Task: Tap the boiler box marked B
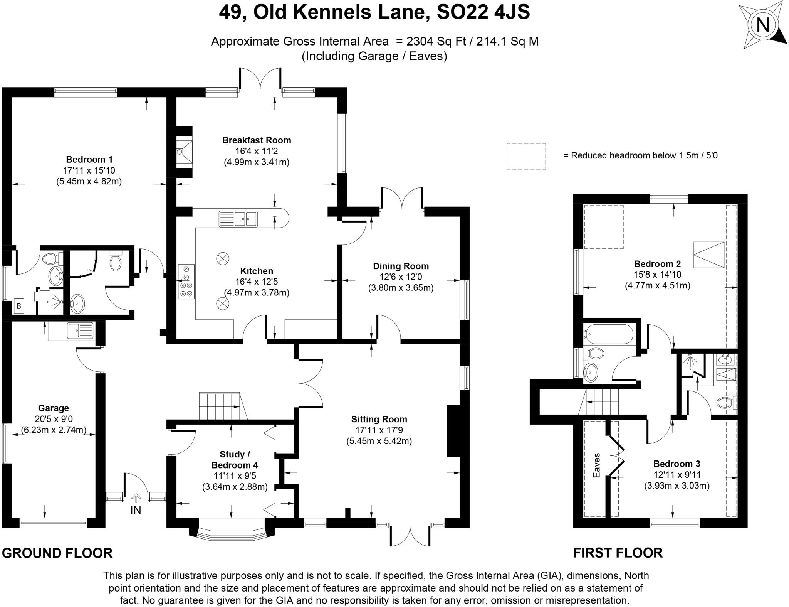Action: tap(19, 307)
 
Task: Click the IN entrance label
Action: tap(136, 510)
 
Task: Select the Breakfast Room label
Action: tap(257, 140)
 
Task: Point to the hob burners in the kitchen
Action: tap(186, 282)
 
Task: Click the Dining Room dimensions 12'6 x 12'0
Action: tap(401, 277)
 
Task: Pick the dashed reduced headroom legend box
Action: tap(526, 156)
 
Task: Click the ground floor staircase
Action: tap(221, 406)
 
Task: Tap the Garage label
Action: tap(54, 408)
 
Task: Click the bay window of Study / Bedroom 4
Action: tap(232, 534)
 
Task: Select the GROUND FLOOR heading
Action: tap(57, 553)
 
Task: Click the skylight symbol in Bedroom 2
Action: tap(708, 255)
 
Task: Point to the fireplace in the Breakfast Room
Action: tap(184, 152)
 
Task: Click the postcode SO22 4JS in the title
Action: tap(483, 12)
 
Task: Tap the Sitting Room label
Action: tap(379, 419)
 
